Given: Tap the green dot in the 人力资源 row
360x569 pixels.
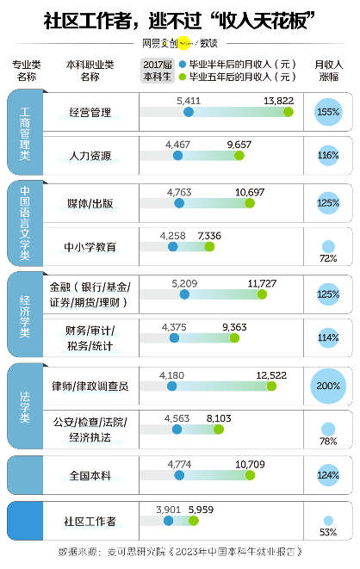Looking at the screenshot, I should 239,156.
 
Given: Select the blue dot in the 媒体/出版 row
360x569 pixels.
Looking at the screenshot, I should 179,203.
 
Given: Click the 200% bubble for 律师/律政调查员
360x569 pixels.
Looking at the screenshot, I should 327,386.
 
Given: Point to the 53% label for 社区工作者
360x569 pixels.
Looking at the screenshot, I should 327,531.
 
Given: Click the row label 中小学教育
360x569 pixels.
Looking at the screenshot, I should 90,247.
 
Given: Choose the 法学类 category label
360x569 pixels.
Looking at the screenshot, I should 24,405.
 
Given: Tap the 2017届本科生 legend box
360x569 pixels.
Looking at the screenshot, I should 157,70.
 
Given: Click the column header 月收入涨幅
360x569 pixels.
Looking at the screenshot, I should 328,70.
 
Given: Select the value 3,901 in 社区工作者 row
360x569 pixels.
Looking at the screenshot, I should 169,509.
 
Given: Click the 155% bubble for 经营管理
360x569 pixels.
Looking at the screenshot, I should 327,112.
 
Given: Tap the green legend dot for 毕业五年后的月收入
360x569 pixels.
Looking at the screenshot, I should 183,77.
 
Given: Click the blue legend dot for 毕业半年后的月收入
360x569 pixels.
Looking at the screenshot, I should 183,64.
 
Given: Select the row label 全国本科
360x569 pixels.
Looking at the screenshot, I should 90,475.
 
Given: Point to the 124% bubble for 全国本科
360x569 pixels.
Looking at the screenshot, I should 327,475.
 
